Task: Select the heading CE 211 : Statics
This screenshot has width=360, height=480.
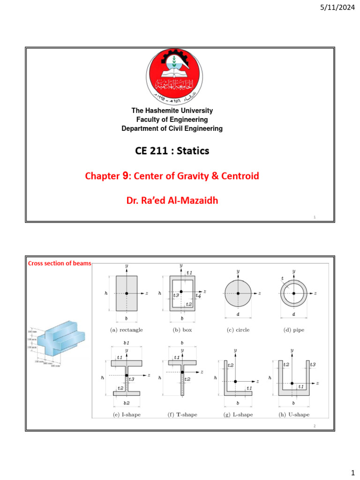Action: (x=172, y=151)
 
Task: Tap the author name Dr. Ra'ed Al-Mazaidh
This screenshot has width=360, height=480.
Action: (x=172, y=201)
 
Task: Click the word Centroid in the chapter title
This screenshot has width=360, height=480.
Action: (x=239, y=176)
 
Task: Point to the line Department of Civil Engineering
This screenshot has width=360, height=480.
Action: (x=172, y=128)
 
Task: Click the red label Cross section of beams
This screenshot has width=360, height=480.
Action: (x=60, y=263)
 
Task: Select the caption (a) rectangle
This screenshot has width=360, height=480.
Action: (x=127, y=330)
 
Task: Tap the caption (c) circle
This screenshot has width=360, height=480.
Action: (x=238, y=330)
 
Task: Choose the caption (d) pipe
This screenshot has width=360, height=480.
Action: (x=293, y=330)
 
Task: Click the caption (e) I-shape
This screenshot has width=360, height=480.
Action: (x=127, y=414)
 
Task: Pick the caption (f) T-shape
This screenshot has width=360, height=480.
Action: (x=182, y=414)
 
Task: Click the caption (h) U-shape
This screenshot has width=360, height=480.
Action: (x=293, y=414)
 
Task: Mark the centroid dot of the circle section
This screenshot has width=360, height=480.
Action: (x=238, y=293)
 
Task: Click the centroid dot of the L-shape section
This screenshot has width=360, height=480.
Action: (x=235, y=382)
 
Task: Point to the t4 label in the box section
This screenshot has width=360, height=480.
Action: (x=198, y=296)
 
